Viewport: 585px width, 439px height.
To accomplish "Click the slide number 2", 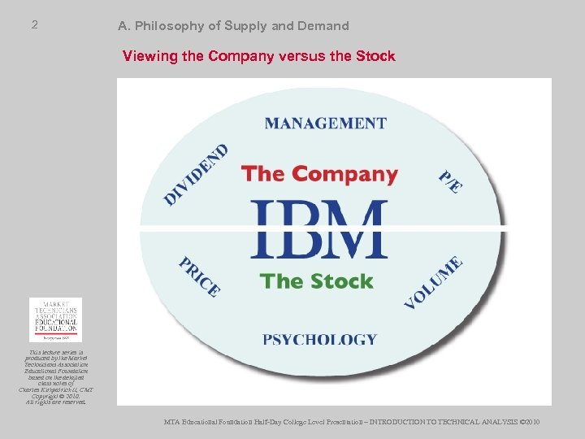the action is click(34, 25).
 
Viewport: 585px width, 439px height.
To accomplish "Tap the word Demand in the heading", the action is click(323, 26).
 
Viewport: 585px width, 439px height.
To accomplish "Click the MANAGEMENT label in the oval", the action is click(325, 124).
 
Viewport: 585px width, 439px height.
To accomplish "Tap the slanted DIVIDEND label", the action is click(196, 174).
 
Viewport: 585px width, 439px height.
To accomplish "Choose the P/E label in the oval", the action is click(451, 181).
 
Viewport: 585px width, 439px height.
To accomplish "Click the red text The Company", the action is click(319, 174).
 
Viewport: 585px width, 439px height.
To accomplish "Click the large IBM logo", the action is click(319, 230).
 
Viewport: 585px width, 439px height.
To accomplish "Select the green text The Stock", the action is click(316, 281).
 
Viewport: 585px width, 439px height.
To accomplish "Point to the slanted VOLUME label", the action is click(434, 281).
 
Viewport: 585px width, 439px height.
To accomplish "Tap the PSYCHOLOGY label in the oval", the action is click(320, 339).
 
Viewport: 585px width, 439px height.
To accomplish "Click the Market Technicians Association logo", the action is click(55, 319).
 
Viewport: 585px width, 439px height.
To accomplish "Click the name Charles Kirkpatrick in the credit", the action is click(50, 390).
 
